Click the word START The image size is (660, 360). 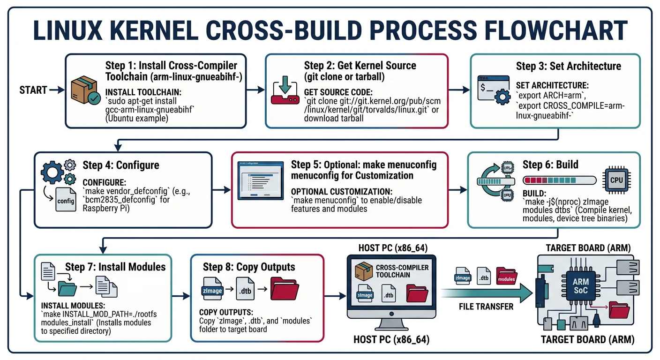point(33,90)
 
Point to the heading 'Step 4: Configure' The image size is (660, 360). point(121,165)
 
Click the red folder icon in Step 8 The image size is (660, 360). point(285,286)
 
